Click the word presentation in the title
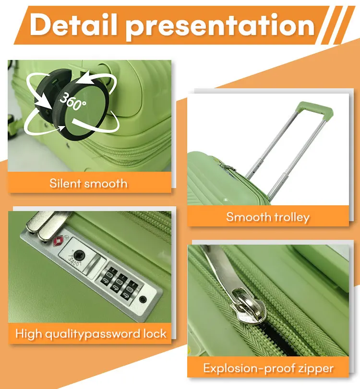(x=220, y=26)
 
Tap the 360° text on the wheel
(x=73, y=101)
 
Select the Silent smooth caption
(x=88, y=183)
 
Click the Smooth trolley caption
(x=268, y=217)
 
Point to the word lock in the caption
(x=155, y=333)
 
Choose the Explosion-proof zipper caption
(x=268, y=368)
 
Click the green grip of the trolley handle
(x=314, y=109)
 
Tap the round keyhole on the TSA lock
(x=79, y=254)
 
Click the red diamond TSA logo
(x=58, y=240)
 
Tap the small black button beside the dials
(x=143, y=299)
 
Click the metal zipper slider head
(x=248, y=307)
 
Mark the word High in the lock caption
(x=28, y=334)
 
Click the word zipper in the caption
(x=316, y=369)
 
